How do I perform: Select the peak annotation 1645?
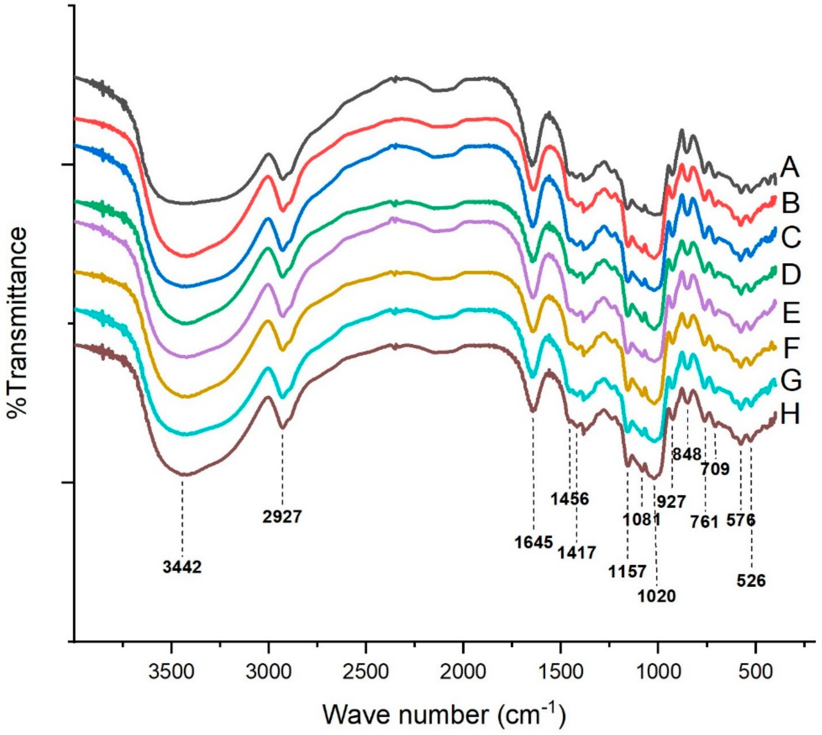534,542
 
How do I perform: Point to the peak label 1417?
577,553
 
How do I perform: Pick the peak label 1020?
657,596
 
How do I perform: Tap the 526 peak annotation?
751,581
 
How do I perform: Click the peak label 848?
687,454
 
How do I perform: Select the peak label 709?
715,469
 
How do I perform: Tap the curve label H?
790,415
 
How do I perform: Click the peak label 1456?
570,499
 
